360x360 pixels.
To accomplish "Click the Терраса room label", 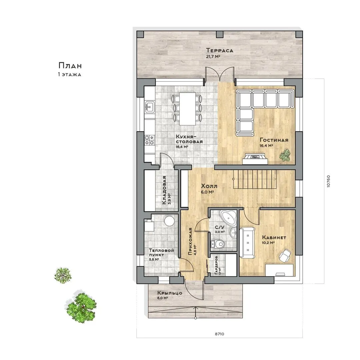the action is click(219, 50).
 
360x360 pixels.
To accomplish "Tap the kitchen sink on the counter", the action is click(149, 107).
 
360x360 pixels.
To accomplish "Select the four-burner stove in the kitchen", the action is click(149, 140).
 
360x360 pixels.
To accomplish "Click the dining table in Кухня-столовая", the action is click(187, 109).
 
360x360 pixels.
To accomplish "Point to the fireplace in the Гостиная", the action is click(255, 159).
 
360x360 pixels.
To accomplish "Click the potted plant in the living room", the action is click(285, 155).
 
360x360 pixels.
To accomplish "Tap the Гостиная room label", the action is click(274, 140).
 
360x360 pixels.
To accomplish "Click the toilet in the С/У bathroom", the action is click(217, 244).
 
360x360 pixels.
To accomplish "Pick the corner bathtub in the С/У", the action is click(228, 217).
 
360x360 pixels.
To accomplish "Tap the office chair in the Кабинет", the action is click(285, 255).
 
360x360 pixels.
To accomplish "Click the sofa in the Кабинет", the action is click(247, 243).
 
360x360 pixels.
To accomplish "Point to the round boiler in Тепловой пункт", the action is click(169, 220).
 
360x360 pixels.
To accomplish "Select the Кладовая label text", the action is click(164, 190).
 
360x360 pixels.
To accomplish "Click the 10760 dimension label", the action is click(328, 181).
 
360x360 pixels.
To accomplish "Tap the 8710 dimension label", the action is click(219, 334).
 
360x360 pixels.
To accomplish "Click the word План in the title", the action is click(70, 66).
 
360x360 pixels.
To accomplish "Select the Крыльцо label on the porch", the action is click(170, 293).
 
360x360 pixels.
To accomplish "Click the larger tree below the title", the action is click(81, 307).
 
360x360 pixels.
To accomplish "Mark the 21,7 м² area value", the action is click(213, 56).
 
